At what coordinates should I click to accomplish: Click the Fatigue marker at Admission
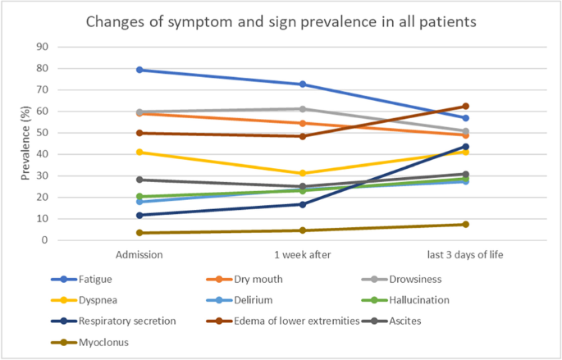[x=139, y=70]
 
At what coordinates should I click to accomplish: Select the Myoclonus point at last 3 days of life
[x=465, y=224]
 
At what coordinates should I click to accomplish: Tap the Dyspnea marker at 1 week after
[x=303, y=173]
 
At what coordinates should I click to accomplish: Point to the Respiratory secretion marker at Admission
[x=139, y=215]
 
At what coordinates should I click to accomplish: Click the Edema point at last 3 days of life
[x=465, y=106]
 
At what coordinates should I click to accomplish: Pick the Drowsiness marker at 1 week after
[x=303, y=109]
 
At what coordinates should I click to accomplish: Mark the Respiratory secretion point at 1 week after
[x=303, y=204]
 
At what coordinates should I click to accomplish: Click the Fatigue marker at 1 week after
[x=303, y=84]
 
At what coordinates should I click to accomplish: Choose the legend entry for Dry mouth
[x=244, y=280]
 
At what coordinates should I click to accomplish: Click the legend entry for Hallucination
[x=406, y=300]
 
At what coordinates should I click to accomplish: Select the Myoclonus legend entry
[x=89, y=343]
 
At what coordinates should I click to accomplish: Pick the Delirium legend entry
[x=240, y=300]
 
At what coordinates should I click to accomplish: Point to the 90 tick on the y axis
[x=43, y=47]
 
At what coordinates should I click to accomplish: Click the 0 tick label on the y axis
[x=45, y=240]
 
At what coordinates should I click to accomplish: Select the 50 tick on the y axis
[x=43, y=133]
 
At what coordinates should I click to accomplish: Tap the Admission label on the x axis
[x=139, y=255]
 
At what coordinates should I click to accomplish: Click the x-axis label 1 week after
[x=303, y=255]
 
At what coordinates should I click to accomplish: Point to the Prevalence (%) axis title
[x=25, y=143]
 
